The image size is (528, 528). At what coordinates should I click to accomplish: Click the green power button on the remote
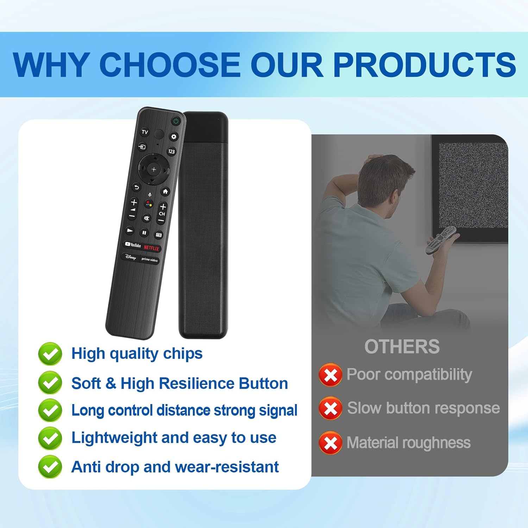point(176,121)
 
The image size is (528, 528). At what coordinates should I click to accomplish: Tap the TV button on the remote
point(145,132)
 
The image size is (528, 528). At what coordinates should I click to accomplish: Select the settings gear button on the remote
point(174,137)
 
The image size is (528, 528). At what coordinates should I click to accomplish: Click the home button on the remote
point(165,191)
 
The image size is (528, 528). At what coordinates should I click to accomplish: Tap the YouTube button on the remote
point(133,245)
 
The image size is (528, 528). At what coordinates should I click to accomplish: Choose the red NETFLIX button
point(151,248)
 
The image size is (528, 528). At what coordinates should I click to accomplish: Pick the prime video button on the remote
point(150,260)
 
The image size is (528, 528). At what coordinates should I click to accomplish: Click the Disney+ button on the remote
point(130,257)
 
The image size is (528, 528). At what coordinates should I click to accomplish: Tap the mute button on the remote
point(146,218)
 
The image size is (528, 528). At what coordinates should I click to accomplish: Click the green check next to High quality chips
point(50,354)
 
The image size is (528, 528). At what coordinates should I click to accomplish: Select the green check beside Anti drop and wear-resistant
point(50,467)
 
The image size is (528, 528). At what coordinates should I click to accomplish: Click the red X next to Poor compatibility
point(330,375)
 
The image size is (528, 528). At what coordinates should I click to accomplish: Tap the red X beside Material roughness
point(330,443)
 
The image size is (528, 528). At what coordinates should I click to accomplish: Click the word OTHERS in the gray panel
point(402,347)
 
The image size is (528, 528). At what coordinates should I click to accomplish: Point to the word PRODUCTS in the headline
point(425,65)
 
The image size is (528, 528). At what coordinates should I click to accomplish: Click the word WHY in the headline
point(50,65)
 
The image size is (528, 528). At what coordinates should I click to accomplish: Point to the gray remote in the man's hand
point(441,240)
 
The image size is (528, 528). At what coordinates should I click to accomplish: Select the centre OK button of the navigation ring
point(153,169)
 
